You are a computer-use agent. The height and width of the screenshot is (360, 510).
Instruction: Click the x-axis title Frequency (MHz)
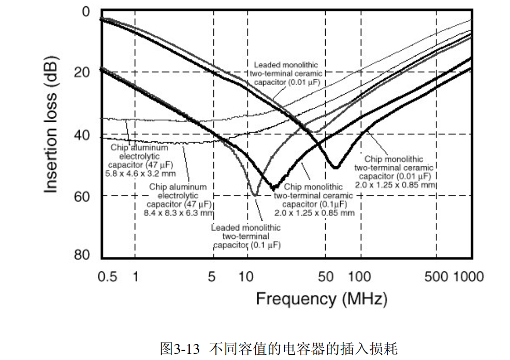coord(322,299)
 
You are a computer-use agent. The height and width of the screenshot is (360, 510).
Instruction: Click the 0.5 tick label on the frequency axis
coord(108,277)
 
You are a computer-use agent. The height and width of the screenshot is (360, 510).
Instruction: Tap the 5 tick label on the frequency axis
coord(211,277)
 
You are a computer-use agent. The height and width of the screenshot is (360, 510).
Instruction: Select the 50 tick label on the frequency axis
coord(325,277)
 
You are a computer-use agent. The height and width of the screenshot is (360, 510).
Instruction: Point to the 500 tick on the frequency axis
coord(436,277)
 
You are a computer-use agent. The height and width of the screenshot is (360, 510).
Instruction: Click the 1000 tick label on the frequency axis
coord(469,277)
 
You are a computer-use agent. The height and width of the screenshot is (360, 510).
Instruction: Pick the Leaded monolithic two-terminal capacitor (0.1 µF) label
coord(246,236)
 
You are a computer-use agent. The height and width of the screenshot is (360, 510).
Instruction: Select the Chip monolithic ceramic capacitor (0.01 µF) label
coord(394,171)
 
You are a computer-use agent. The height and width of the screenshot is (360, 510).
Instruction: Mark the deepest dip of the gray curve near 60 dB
coord(254,195)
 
